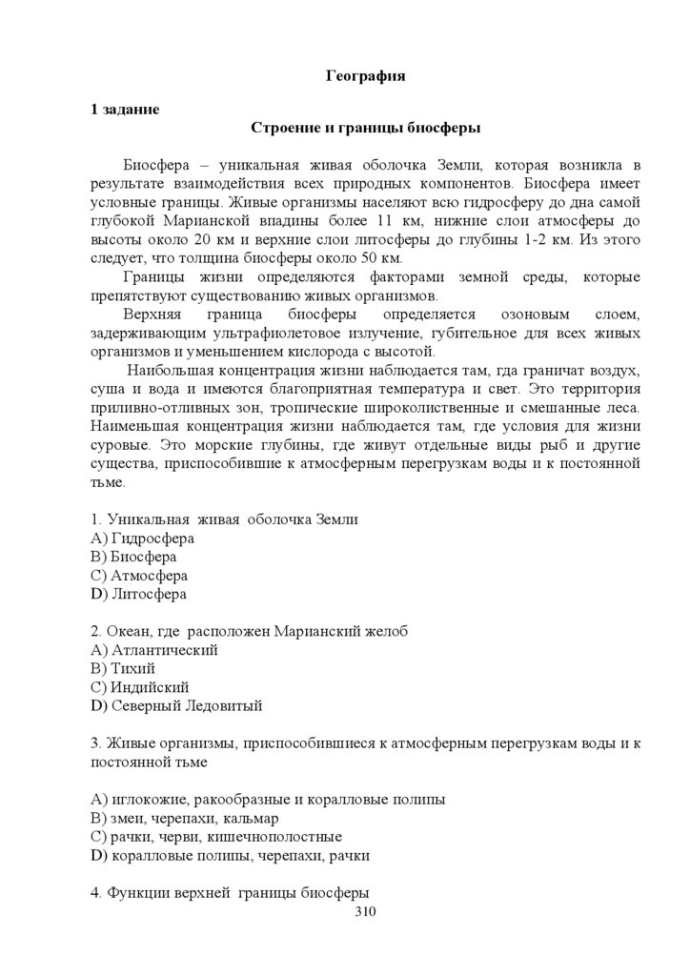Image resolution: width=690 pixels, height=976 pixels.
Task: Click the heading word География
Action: tap(366, 76)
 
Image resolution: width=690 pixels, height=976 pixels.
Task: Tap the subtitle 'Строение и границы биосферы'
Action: tap(365, 128)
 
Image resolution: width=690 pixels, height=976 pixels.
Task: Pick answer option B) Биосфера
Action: tap(133, 557)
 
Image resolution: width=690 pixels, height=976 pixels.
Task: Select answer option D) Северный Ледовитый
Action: tap(176, 706)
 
